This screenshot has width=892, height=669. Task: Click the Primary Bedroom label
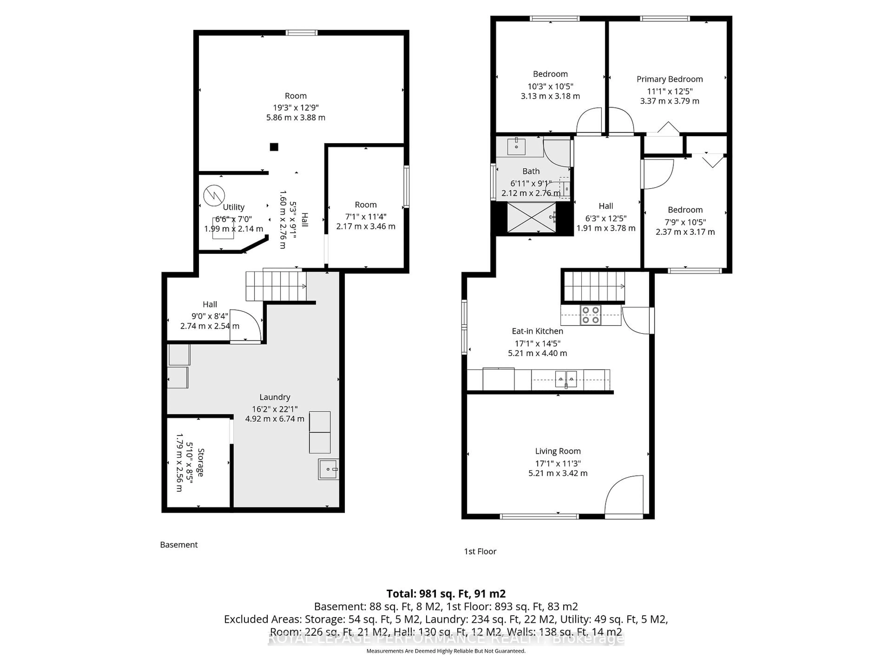pos(669,79)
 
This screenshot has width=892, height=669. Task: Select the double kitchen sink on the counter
pos(566,379)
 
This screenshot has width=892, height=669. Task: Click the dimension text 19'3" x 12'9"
pos(295,108)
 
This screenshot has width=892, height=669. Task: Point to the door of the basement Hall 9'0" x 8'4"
pos(247,326)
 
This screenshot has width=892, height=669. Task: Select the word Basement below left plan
pos(179,545)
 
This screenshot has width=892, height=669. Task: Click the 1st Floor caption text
pos(480,551)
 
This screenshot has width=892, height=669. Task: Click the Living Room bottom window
pos(539,516)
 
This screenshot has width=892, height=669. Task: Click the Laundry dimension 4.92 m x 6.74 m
pos(275,419)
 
